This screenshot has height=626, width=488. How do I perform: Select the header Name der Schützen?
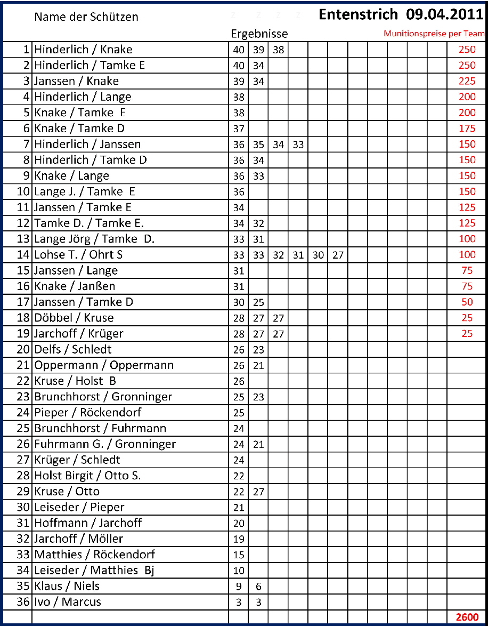tap(86, 17)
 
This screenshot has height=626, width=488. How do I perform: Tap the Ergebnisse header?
tap(259, 34)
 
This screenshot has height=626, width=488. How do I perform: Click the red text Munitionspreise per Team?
tap(434, 34)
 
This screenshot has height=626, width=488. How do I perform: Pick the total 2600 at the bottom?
tap(467, 617)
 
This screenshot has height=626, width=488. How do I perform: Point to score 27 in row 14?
tap(338, 255)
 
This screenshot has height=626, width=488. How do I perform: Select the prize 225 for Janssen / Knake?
tap(467, 81)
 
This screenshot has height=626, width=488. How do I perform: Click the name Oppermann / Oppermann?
tap(104, 365)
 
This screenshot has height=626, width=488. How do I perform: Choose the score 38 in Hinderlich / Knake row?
tap(278, 50)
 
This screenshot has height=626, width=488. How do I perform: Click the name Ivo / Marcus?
tap(68, 602)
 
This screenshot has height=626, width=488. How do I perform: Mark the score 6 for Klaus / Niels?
tap(258, 587)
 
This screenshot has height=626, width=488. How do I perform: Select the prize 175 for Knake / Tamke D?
tap(467, 129)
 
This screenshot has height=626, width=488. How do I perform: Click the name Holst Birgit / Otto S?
tap(87, 476)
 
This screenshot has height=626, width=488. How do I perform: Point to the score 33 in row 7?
tap(298, 145)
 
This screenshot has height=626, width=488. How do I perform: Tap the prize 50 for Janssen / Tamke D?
tap(467, 302)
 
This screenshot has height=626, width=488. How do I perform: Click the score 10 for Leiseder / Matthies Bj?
tap(239, 571)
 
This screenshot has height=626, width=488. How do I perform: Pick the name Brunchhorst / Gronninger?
tap(103, 397)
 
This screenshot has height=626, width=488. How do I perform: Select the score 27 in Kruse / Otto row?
tap(258, 492)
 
